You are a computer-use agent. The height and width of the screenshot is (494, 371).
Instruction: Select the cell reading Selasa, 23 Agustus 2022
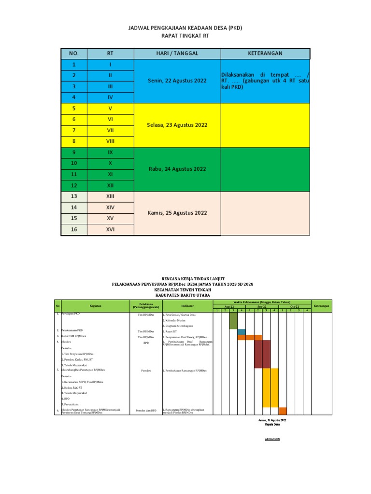click(x=177, y=125)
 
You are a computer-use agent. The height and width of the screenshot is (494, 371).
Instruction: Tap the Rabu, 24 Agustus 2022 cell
click(x=177, y=169)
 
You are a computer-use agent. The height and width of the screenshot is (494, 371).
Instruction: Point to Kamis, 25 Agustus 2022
click(x=177, y=213)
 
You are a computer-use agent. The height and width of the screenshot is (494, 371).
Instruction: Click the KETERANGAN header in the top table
click(x=265, y=53)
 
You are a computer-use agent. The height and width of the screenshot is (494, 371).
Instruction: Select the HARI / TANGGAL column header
click(x=177, y=53)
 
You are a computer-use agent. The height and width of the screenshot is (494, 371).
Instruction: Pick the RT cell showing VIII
click(x=110, y=141)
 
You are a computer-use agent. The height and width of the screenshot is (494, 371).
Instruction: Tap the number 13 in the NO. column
click(x=74, y=196)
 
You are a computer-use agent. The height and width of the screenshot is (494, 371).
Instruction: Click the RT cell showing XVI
click(x=110, y=230)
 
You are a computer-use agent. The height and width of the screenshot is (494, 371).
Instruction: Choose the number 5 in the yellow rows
click(x=74, y=108)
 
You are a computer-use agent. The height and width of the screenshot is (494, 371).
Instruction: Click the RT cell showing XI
click(x=110, y=174)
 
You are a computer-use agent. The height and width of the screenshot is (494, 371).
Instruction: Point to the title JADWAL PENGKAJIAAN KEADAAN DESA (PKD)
click(x=185, y=28)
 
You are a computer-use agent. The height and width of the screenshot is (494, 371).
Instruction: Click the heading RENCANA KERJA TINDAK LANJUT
click(x=185, y=279)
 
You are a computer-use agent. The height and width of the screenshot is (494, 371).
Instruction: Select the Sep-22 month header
click(x=262, y=306)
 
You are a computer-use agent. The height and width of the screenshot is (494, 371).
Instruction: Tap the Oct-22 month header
click(x=295, y=306)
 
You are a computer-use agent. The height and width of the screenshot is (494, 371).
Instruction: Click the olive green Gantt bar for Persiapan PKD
click(x=233, y=320)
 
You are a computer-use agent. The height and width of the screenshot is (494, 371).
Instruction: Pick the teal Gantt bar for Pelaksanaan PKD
click(x=242, y=331)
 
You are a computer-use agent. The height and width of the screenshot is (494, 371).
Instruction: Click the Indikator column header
click(x=187, y=305)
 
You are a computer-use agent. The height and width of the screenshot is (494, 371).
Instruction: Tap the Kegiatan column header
click(x=95, y=305)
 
